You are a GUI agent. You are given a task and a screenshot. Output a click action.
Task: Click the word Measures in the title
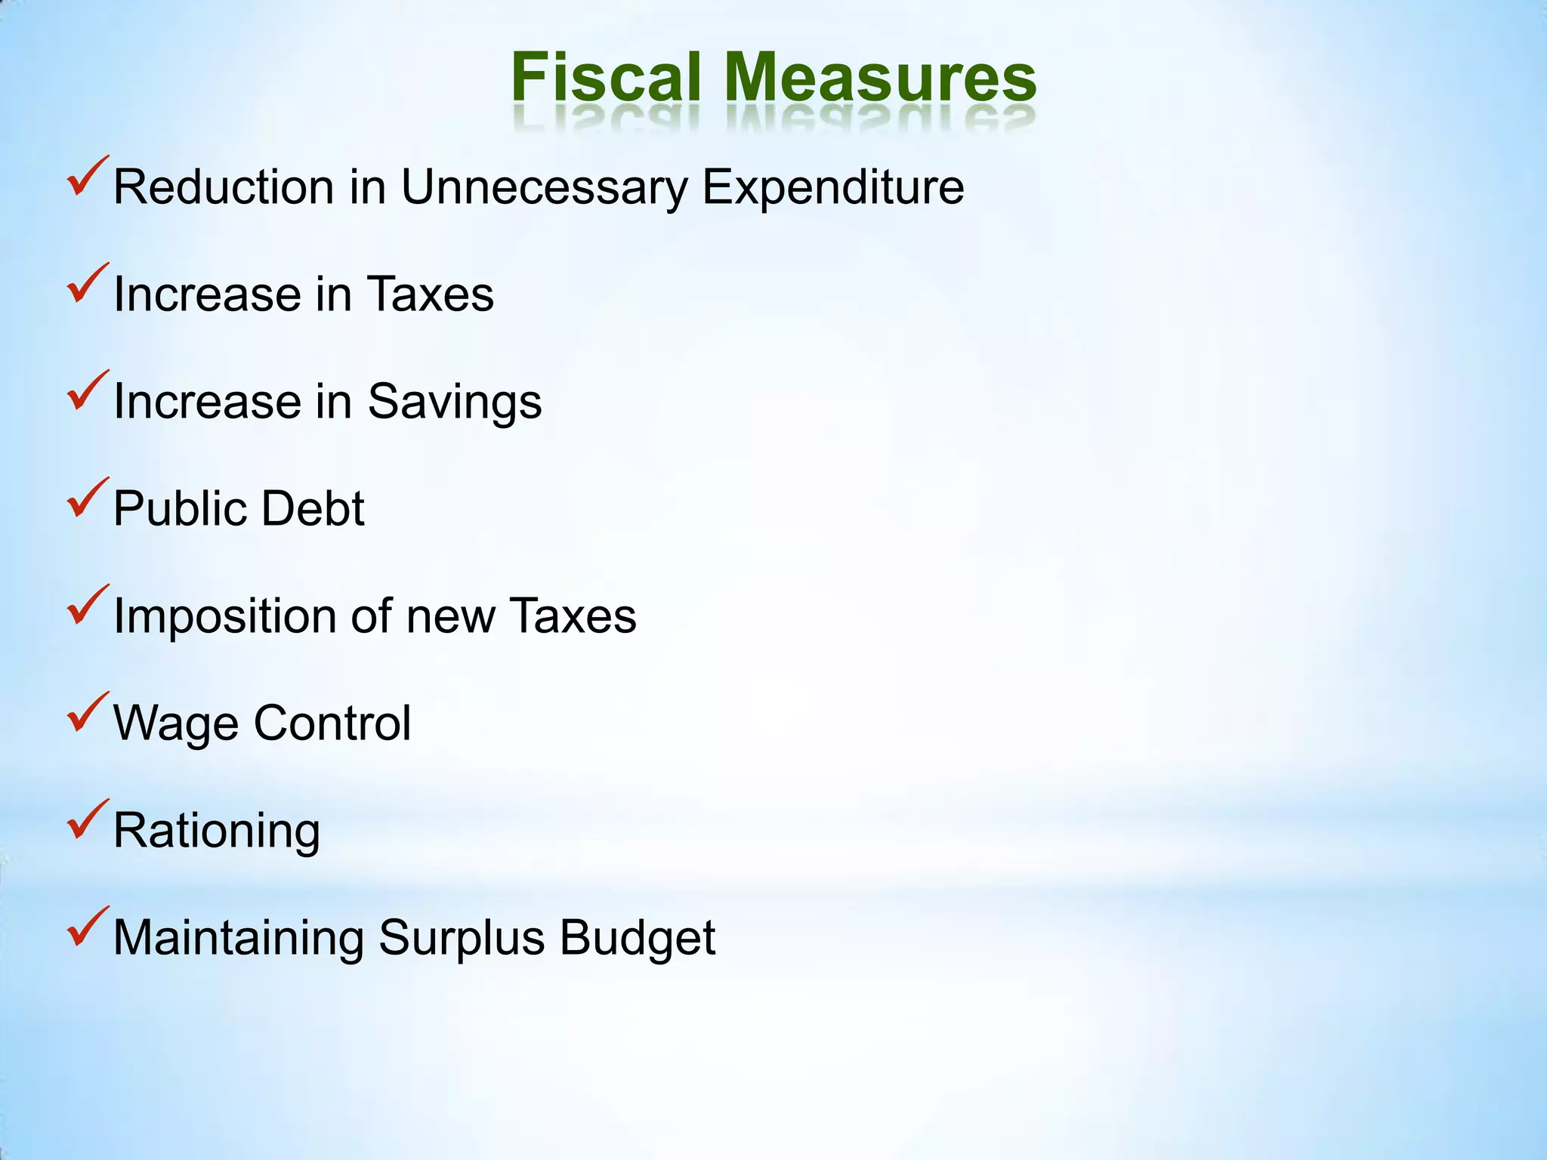point(881,77)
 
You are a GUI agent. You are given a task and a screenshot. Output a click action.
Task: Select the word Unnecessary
point(544,187)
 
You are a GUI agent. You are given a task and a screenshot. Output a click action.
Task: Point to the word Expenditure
point(833,187)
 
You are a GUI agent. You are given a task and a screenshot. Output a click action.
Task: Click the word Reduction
point(224,187)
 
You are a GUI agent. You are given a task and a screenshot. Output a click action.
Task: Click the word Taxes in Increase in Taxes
point(431,295)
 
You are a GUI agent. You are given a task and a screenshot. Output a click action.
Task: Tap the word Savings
point(455,402)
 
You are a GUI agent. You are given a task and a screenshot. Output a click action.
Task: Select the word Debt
point(313,508)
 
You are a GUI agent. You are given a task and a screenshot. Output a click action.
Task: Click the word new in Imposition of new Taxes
point(451,616)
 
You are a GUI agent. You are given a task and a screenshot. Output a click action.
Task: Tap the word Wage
point(176,723)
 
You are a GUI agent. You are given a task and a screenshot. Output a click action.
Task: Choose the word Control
point(332,723)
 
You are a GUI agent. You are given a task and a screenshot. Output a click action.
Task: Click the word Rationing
point(217,831)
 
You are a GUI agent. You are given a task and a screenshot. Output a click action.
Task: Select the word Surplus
point(462,938)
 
